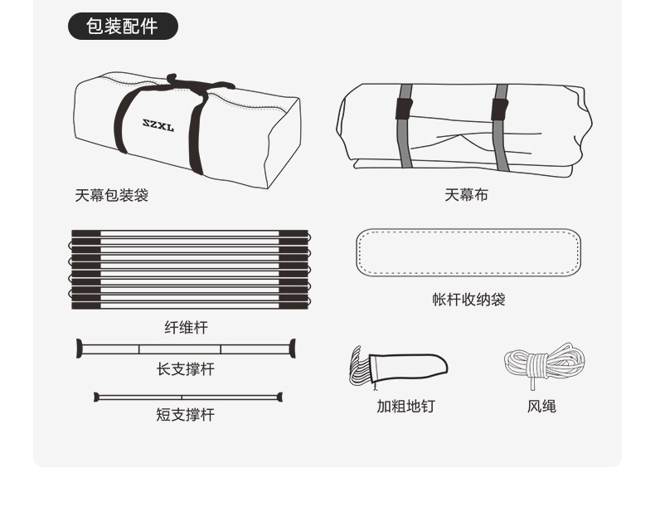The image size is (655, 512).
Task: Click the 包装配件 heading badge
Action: [x=123, y=26]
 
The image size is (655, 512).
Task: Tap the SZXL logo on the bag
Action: [x=158, y=127]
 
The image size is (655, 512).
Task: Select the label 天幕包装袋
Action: [x=111, y=196]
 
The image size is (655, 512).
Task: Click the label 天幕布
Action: [x=466, y=195]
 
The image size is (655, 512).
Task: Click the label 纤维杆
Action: [x=186, y=328]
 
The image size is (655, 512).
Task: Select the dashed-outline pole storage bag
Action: [x=468, y=252]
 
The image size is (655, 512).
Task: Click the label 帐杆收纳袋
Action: [x=468, y=300]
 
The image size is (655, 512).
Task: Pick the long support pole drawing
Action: [x=186, y=349]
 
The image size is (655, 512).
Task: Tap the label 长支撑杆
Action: [x=186, y=369]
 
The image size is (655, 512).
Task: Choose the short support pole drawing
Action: [x=188, y=397]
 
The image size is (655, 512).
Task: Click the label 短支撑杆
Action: [x=186, y=414]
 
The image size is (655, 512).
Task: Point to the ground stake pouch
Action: [x=410, y=366]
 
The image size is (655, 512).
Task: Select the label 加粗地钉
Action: [x=405, y=406]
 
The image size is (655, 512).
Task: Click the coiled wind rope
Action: [x=544, y=363]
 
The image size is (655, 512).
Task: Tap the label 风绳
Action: [x=541, y=406]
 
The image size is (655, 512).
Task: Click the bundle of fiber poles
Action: [x=190, y=270]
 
